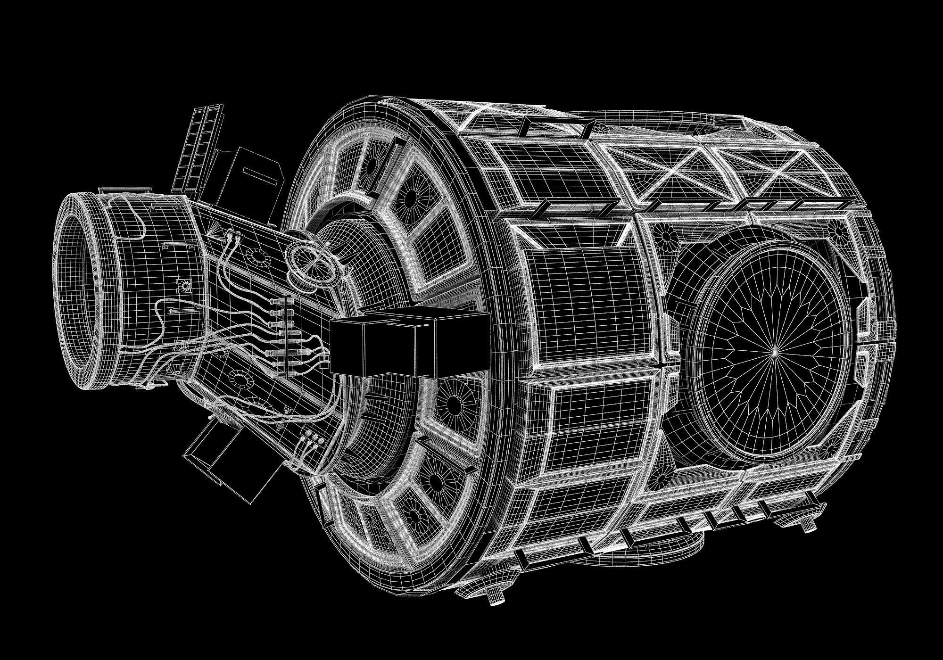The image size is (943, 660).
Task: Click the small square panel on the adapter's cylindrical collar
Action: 182,286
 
